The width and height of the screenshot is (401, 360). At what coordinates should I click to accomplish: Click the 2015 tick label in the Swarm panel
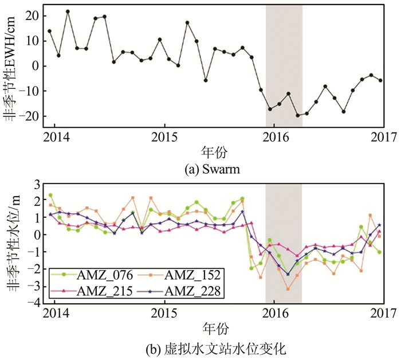164,141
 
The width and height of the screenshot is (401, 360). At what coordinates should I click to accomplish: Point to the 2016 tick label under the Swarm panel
274,141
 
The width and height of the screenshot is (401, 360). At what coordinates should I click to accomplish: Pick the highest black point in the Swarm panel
68,11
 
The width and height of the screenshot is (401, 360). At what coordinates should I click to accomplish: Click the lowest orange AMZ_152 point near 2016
288,289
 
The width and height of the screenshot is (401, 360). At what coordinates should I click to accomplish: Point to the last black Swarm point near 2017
381,80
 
